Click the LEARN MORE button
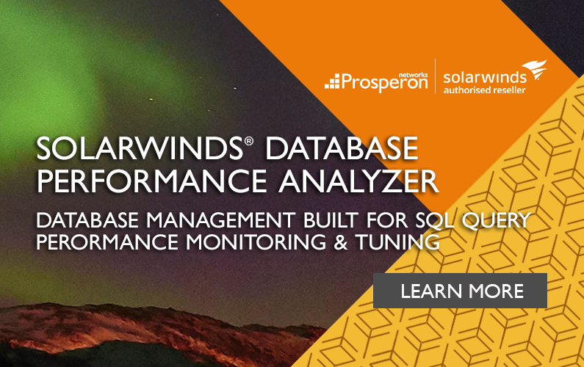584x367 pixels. tap(460, 291)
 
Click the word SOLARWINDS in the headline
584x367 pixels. tap(140, 148)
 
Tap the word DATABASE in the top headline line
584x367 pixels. tap(342, 148)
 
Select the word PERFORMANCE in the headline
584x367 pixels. tap(151, 181)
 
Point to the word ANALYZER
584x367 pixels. tap(358, 181)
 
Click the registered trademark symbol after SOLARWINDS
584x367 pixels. tap(249, 141)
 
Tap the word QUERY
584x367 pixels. tap(496, 220)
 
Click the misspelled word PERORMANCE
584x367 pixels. tap(107, 242)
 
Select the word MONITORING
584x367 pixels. tap(256, 242)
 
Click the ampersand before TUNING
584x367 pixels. tap(340, 242)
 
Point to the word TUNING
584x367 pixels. tap(397, 242)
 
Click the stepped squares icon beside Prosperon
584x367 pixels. tap(332, 81)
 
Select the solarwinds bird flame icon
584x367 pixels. tap(535, 69)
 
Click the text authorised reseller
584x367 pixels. tap(484, 90)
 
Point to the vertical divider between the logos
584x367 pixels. tap(436, 76)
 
